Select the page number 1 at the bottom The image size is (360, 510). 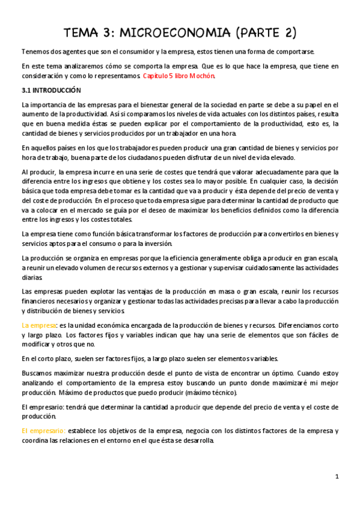point(338,476)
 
